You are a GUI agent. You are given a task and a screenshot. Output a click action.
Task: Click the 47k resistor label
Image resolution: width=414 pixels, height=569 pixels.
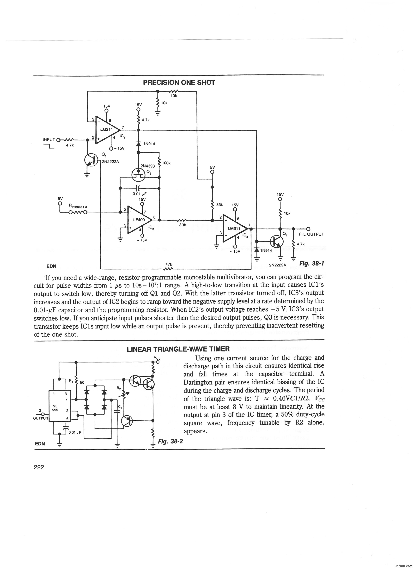(169, 264)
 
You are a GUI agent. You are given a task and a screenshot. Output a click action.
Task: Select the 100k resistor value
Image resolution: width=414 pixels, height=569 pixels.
(166, 163)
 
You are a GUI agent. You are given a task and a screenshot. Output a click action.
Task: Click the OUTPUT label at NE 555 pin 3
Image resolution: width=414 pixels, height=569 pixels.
(41, 418)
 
